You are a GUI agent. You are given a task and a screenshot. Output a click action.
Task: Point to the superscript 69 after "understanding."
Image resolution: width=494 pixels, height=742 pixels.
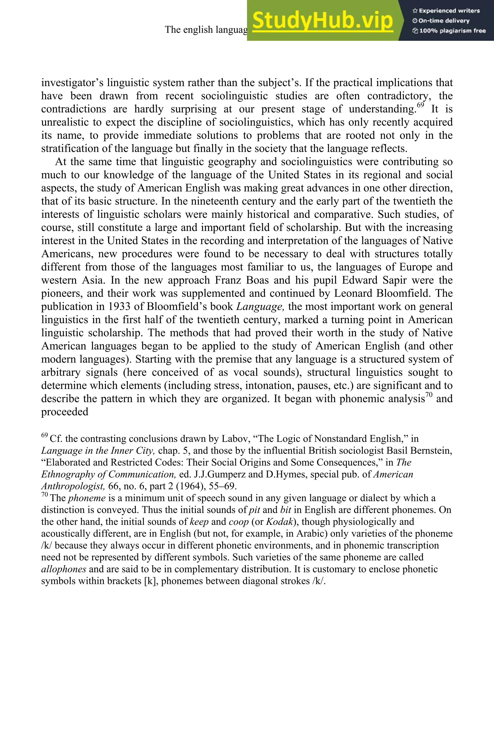point(421,105)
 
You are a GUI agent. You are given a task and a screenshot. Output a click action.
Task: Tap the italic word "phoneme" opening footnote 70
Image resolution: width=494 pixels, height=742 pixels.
point(87,498)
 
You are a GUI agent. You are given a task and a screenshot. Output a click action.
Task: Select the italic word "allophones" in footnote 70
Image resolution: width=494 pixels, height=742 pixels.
point(64,569)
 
